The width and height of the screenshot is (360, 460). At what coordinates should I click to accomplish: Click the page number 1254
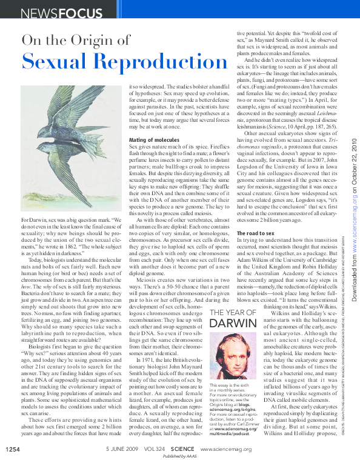[13, 449]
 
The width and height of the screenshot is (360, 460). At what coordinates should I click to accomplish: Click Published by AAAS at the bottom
[179, 456]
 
